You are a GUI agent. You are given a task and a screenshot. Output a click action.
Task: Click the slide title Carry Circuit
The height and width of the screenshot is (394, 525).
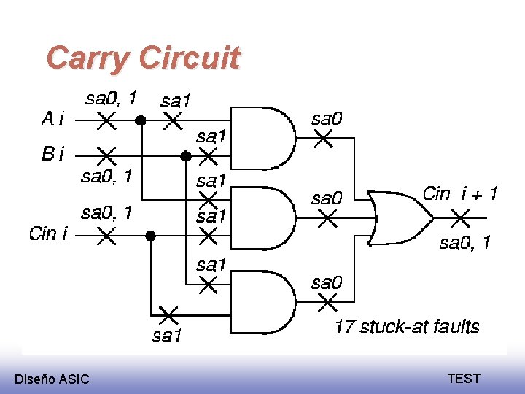point(143,58)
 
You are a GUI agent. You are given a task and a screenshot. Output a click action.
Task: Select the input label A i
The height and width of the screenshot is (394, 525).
point(52,117)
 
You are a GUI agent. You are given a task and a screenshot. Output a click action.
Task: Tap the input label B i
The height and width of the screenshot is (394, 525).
point(53,154)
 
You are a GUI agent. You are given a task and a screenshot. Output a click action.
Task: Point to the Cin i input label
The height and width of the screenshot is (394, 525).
point(49,233)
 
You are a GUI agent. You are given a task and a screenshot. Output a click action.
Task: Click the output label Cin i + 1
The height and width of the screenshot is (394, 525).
point(460,193)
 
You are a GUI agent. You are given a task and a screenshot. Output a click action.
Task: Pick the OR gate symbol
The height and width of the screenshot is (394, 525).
point(397,217)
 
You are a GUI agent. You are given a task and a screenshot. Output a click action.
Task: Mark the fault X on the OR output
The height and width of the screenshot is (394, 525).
point(459,217)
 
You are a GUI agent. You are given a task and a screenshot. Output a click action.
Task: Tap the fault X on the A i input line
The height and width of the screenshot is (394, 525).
point(106,120)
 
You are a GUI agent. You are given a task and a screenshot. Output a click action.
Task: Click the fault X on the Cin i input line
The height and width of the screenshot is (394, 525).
point(106,235)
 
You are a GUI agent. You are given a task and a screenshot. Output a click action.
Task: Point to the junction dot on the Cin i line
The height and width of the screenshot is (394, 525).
point(150,235)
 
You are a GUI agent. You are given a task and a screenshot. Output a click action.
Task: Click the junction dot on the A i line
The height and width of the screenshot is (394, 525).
point(141,120)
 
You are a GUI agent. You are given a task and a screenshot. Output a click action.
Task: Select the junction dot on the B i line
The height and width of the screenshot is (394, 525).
point(186,155)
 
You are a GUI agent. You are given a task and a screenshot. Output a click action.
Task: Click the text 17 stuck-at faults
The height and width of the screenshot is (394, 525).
point(407,326)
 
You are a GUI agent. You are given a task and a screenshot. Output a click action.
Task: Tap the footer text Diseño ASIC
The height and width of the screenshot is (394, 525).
point(52,379)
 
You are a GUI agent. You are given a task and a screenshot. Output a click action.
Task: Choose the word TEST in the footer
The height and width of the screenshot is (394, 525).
point(464,378)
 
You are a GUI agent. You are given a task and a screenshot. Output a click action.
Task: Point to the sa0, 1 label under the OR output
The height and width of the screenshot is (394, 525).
point(464,243)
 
